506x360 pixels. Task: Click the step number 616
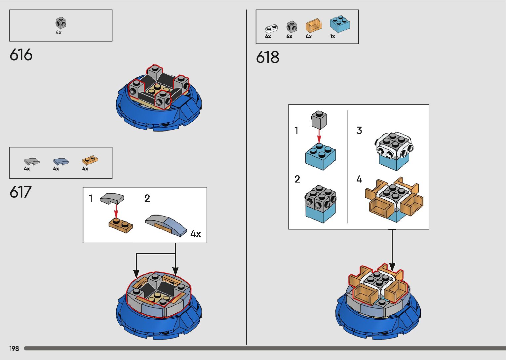[21, 55]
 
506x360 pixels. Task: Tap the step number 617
[20, 192]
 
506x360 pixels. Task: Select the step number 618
[267, 57]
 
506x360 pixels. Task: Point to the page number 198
[14, 348]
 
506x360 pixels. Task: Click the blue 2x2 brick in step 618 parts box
[340, 24]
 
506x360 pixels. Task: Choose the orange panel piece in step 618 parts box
[313, 25]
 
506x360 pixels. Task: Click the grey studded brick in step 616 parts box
[61, 23]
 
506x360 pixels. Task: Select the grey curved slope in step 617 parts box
[31, 161]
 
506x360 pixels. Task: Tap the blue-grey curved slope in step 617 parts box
[60, 161]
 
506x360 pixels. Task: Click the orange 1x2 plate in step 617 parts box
[90, 160]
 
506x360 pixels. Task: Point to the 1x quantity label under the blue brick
[332, 37]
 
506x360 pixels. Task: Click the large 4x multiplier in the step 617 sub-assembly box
[196, 234]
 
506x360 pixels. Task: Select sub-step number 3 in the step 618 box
[359, 131]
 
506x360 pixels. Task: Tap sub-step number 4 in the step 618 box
[359, 180]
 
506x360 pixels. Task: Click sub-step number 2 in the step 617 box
[147, 198]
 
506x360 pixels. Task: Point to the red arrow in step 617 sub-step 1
[116, 210]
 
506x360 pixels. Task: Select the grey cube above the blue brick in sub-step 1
[319, 120]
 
